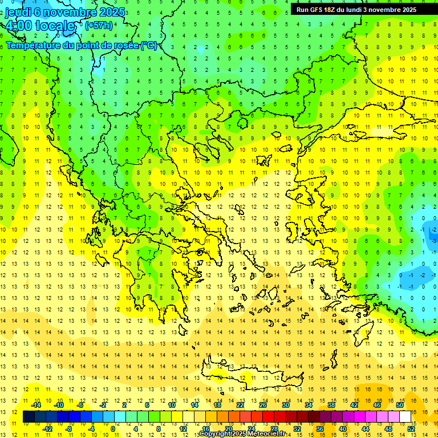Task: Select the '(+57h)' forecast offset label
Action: [x=98, y=26]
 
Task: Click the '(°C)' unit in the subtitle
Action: [x=149, y=45]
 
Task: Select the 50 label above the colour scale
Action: [x=400, y=405]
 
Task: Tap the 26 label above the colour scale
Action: [x=263, y=405]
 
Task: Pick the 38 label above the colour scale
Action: [x=331, y=405]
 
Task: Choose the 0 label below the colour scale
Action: [x=113, y=429]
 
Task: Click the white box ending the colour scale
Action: [x=405, y=417]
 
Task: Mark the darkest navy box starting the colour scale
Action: [x=29, y=417]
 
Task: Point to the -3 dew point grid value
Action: [x=434, y=241]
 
